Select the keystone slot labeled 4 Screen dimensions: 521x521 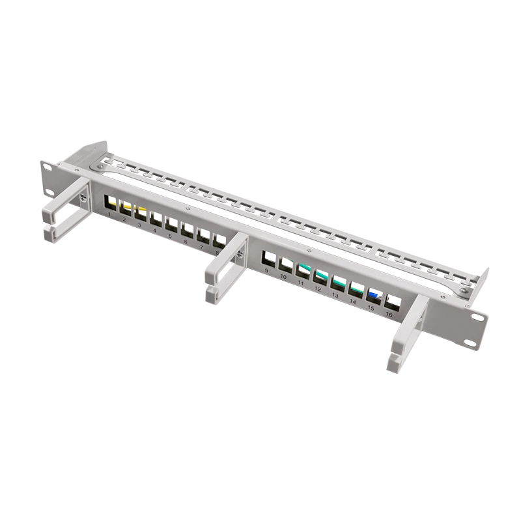click(156, 218)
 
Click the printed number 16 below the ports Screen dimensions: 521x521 click(389, 315)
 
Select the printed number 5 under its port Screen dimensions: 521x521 click(170, 236)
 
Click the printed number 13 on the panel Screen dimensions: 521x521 click(335, 295)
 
